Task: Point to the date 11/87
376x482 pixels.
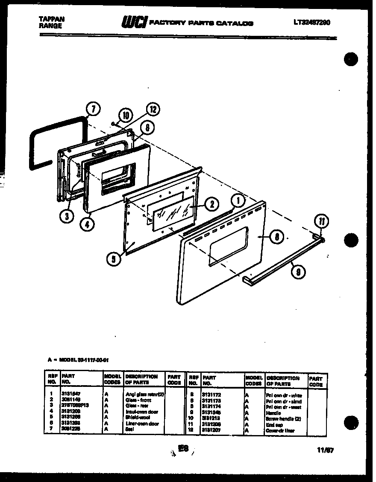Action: [326, 449]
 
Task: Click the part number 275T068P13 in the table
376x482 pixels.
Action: [76, 405]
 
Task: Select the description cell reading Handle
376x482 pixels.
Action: [273, 413]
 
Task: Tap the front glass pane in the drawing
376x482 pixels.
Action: [170, 213]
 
